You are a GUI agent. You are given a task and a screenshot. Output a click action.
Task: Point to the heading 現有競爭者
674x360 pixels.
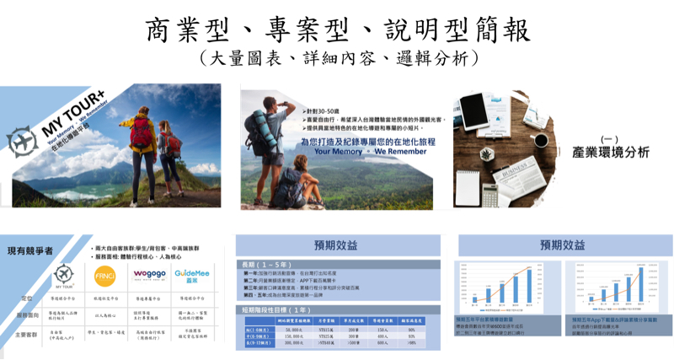click(31, 250)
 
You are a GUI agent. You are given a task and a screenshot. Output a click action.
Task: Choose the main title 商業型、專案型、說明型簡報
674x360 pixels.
click(337, 30)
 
